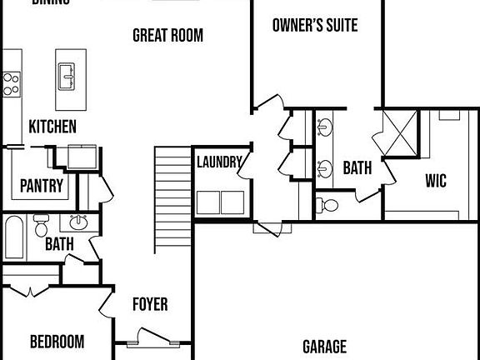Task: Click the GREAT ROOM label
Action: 167,36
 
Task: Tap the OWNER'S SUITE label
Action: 315,26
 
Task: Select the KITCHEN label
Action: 52,127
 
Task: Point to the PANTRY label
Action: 42,186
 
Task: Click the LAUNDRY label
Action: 220,162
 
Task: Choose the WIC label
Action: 436,180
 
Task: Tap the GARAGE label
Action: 324,347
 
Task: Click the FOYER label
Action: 150,304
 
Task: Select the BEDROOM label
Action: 57,342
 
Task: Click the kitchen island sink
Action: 67,79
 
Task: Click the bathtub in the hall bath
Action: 14,237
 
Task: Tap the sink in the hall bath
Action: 79,223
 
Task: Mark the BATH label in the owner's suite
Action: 357,168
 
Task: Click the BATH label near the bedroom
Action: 59,245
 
